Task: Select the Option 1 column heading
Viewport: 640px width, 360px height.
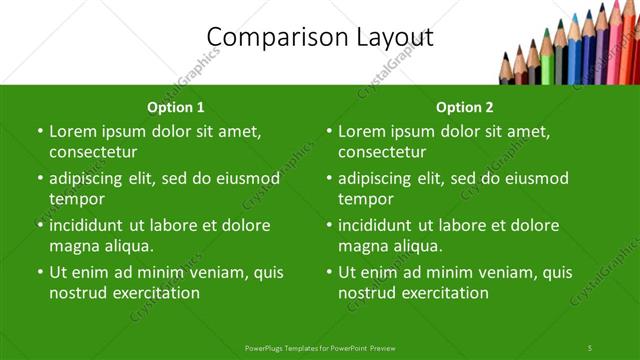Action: click(176, 107)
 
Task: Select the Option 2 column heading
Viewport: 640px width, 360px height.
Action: click(465, 107)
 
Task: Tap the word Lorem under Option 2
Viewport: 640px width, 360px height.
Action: click(361, 131)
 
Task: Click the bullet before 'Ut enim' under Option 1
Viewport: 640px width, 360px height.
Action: click(39, 272)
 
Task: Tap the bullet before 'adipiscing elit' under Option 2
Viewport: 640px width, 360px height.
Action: click(328, 179)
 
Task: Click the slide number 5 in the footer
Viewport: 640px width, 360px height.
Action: click(590, 347)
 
